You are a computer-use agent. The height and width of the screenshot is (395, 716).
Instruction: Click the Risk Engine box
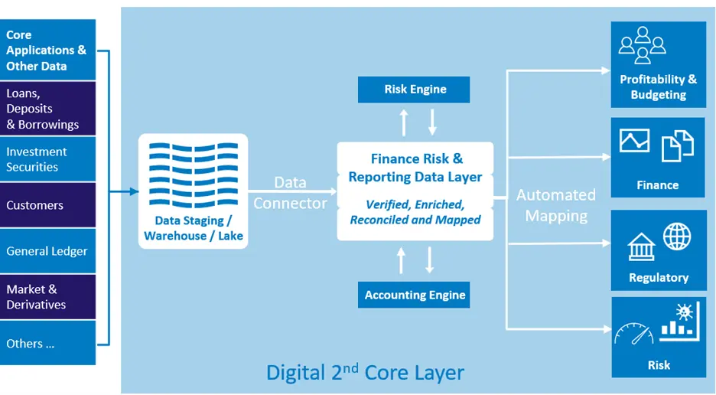click(x=415, y=90)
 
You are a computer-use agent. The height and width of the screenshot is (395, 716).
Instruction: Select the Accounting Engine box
click(x=415, y=295)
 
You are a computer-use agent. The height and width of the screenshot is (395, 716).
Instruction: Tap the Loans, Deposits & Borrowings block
click(x=47, y=109)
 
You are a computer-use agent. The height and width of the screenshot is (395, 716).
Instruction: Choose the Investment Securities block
click(x=47, y=159)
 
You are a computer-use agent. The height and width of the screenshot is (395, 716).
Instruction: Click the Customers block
click(x=47, y=205)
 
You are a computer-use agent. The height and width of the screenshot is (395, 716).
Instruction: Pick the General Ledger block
click(x=47, y=251)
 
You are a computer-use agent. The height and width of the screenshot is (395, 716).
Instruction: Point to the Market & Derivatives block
click(x=47, y=297)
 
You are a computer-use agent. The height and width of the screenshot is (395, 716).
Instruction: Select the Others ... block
click(x=47, y=344)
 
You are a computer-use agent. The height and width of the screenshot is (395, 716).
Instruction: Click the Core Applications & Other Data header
click(x=47, y=51)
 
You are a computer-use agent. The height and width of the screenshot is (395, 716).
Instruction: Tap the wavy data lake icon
click(x=193, y=175)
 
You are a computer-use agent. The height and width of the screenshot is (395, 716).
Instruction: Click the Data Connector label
click(x=290, y=193)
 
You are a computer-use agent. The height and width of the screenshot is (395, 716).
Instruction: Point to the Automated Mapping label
click(x=556, y=205)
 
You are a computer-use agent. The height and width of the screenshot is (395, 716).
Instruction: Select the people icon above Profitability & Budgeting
click(x=643, y=45)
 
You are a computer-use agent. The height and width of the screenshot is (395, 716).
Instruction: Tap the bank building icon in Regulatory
click(x=641, y=247)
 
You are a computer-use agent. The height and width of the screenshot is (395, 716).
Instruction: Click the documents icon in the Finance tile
click(x=677, y=145)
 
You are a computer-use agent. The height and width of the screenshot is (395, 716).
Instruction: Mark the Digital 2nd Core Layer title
click(x=365, y=373)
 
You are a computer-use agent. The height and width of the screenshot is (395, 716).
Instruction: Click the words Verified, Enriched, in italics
click(x=415, y=204)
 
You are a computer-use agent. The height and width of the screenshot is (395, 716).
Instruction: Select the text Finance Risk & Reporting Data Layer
click(x=415, y=168)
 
